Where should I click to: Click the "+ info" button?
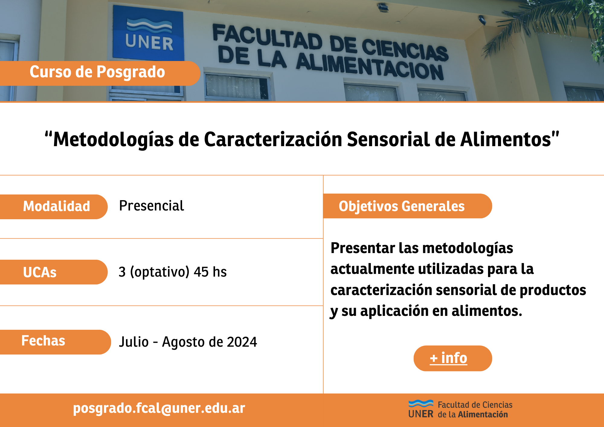(453, 358)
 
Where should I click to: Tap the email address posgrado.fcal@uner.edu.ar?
(159, 408)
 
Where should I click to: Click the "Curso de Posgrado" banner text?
(97, 72)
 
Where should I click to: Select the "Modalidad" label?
(56, 207)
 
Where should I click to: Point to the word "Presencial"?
(152, 206)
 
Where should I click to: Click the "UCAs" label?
(40, 272)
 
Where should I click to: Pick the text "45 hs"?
(210, 272)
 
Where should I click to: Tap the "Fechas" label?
(43, 341)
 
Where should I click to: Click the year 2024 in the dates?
(242, 342)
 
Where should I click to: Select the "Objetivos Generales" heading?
(402, 206)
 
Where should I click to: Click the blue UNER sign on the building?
(148, 33)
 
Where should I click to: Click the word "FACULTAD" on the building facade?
(268, 37)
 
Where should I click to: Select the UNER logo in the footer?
(421, 409)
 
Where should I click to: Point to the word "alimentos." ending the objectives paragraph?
(487, 311)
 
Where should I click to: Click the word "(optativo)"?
(160, 272)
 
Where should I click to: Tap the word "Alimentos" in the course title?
(506, 140)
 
